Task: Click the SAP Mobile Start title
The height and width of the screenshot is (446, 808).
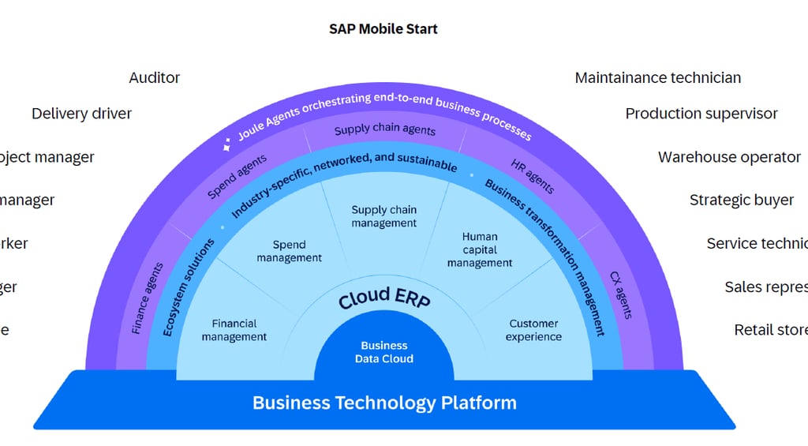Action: (383, 29)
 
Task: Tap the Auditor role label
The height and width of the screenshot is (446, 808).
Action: (155, 77)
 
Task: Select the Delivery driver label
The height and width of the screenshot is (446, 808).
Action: (81, 114)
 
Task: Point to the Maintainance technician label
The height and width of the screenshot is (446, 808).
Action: (657, 77)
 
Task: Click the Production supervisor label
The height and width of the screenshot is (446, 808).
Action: (701, 114)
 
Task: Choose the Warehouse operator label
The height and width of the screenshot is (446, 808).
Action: (729, 157)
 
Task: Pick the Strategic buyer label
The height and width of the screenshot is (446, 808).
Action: (742, 200)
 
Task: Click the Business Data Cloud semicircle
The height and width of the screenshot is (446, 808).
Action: (384, 352)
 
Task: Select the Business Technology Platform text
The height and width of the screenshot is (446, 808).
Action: (384, 403)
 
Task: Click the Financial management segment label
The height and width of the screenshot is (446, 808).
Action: (234, 330)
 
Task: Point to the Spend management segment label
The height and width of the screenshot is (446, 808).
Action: (289, 251)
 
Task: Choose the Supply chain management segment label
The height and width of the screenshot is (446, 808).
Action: (384, 216)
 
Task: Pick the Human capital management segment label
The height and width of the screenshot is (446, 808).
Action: (480, 249)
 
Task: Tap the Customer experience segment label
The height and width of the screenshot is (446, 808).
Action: (533, 330)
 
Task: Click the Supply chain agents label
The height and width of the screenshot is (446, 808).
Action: (384, 129)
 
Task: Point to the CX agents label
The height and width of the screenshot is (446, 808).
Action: (621, 295)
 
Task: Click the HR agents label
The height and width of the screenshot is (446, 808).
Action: (533, 176)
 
